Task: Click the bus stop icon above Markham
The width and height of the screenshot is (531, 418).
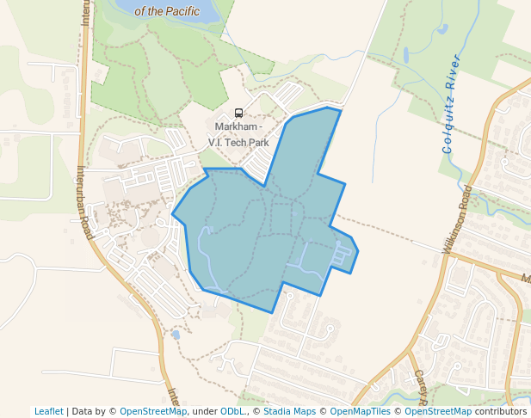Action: [238, 113]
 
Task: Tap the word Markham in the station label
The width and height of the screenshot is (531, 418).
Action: [227, 126]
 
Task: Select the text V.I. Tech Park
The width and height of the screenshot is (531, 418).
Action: [239, 142]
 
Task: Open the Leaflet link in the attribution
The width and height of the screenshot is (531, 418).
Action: [48, 411]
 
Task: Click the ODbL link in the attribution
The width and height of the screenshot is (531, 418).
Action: [232, 411]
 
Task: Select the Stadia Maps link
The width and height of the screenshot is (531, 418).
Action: [289, 411]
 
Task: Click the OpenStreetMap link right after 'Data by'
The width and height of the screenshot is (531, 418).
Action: [153, 411]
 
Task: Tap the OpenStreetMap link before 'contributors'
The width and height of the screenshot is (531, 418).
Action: [438, 411]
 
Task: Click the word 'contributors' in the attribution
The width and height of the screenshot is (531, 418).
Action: [501, 411]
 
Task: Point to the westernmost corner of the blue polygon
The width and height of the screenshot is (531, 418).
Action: [173, 214]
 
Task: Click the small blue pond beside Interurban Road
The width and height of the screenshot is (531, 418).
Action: [176, 334]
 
